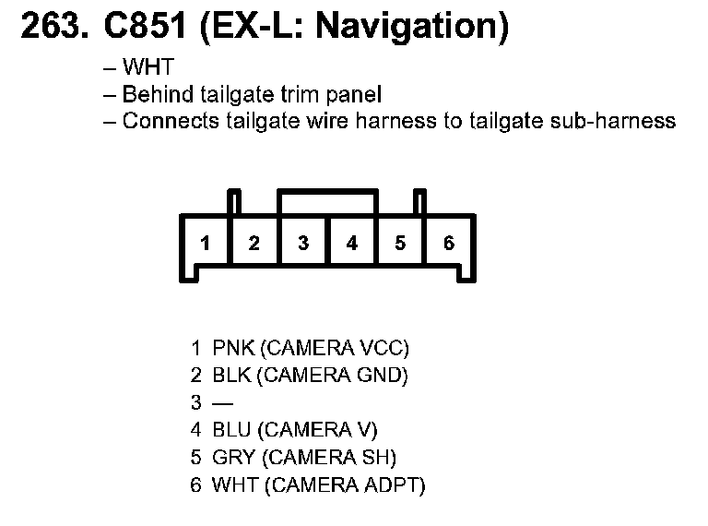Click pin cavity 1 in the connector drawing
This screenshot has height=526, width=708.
coord(206,244)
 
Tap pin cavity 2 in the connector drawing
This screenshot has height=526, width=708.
coord(254,244)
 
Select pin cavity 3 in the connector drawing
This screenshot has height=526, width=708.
coord(303,244)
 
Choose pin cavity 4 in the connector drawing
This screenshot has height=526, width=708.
coord(352,244)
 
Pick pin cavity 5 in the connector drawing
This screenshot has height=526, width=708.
coord(400,244)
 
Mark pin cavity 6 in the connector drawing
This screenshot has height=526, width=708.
coord(449,244)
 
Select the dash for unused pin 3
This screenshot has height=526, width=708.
coord(223,403)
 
